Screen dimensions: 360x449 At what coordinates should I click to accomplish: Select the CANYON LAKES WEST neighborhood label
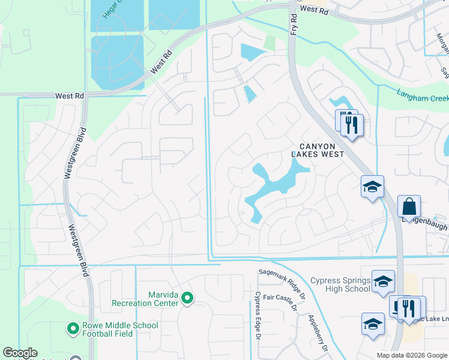(318, 150)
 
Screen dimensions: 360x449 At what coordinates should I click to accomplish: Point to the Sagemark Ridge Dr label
(282, 272)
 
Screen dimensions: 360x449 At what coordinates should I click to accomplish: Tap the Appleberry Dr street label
(318, 334)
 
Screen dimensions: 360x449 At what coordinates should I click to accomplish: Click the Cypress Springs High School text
(340, 284)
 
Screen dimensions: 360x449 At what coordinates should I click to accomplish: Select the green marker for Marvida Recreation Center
(187, 298)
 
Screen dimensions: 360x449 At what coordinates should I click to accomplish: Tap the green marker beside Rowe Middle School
(73, 328)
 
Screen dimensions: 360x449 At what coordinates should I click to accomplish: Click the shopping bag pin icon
(409, 206)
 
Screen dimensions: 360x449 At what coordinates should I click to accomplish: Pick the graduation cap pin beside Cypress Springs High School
(383, 281)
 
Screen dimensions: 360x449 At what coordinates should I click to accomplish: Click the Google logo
(20, 353)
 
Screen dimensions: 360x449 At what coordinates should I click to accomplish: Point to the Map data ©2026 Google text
(412, 355)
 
